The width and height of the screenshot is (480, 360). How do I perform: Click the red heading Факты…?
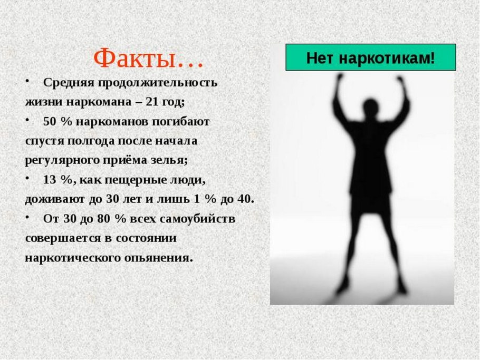click(148, 59)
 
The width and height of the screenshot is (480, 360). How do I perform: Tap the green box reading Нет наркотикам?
click(370, 57)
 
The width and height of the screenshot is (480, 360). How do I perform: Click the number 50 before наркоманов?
click(50, 122)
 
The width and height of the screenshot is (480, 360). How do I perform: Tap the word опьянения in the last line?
click(163, 258)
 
